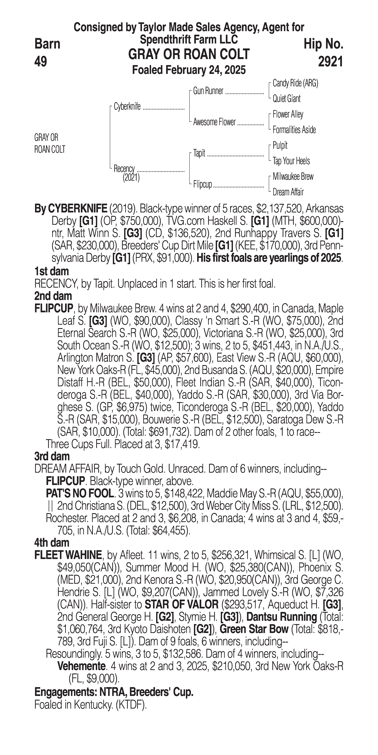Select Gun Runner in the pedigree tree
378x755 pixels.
pos(208,91)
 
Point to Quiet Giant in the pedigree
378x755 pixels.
pos(286,99)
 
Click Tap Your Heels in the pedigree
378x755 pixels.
pos(291,161)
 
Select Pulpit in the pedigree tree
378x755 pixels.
pos(280,145)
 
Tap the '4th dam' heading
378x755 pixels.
pos(52,543)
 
